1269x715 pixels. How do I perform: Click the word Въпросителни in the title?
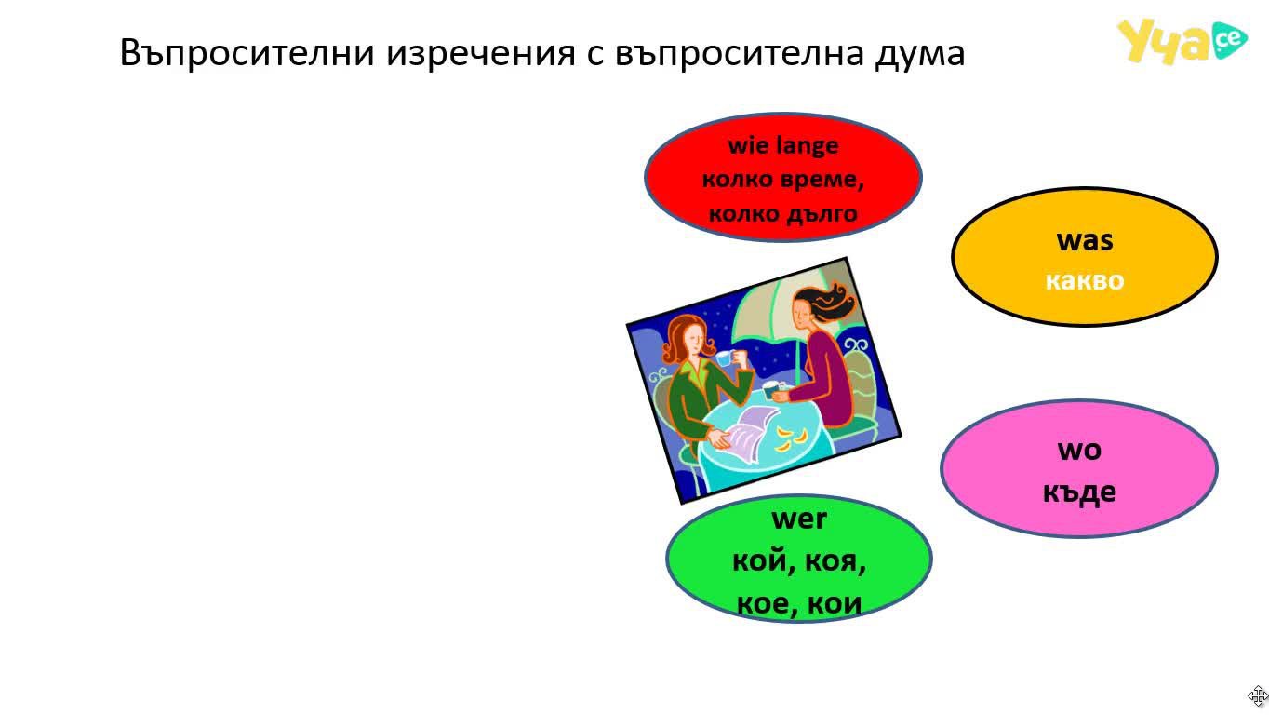click(x=247, y=53)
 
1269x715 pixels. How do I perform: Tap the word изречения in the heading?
click(x=481, y=53)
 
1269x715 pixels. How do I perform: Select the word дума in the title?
click(x=919, y=53)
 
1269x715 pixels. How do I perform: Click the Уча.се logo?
click(x=1182, y=41)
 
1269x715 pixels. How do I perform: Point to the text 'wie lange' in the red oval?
click(x=783, y=145)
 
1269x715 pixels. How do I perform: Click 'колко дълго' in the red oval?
click(x=783, y=214)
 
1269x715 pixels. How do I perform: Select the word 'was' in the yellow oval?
click(x=1085, y=240)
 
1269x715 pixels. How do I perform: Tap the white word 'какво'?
click(x=1085, y=280)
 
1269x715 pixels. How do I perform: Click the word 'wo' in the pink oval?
click(x=1079, y=451)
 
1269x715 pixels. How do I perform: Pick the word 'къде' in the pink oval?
click(x=1079, y=492)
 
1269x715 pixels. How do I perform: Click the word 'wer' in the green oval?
click(x=799, y=519)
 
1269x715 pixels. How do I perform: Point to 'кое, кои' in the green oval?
click(x=799, y=602)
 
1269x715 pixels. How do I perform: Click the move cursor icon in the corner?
click(x=1258, y=695)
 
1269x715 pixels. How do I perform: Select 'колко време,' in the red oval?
click(x=783, y=180)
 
